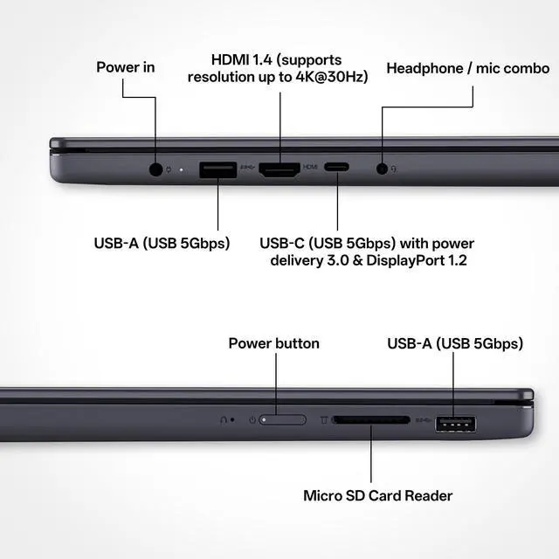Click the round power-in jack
tap(155, 169)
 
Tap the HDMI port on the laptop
tap(279, 169)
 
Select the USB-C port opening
tap(336, 167)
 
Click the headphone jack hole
tap(382, 169)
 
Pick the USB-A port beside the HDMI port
tap(217, 169)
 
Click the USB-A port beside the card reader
tap(455, 424)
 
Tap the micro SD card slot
tap(371, 420)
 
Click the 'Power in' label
tap(126, 67)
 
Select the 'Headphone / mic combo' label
tap(468, 68)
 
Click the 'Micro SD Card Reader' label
tap(378, 495)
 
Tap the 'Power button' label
tap(273, 343)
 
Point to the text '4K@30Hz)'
tap(332, 77)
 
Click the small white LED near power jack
tap(181, 169)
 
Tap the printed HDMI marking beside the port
tap(310, 167)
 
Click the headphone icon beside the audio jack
tap(394, 169)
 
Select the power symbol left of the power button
tap(252, 420)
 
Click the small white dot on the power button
tap(264, 420)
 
